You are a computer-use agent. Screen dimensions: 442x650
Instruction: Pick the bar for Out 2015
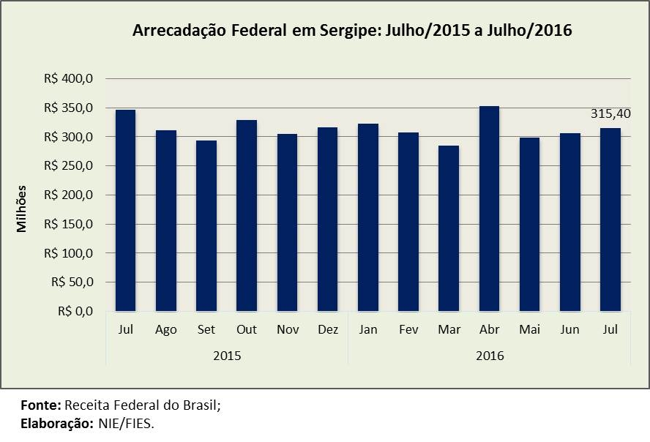click(247, 215)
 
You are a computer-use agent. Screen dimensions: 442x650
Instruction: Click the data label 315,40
click(610, 113)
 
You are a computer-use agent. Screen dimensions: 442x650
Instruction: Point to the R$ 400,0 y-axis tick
click(75, 78)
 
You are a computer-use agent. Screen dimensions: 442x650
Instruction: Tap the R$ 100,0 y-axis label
click(75, 253)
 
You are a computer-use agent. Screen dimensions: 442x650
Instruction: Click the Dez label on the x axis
click(328, 329)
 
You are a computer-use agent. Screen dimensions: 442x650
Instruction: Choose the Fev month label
click(408, 329)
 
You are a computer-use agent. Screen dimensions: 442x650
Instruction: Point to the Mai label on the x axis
click(530, 329)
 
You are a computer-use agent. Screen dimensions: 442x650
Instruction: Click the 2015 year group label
click(227, 356)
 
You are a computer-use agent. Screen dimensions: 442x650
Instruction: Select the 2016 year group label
click(489, 356)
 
